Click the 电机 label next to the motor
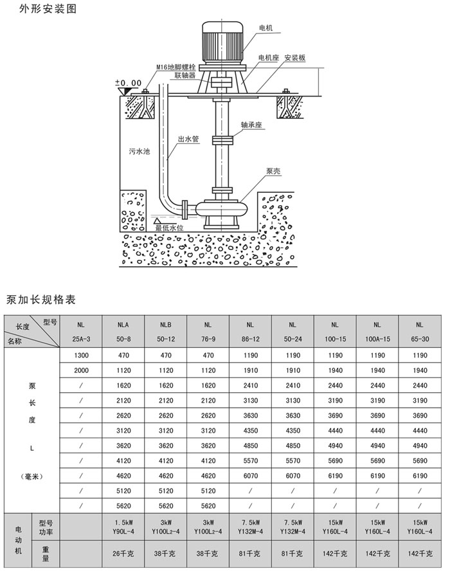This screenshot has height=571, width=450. click(x=266, y=28)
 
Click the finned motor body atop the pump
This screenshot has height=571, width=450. click(x=222, y=42)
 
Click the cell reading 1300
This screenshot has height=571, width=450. click(x=81, y=354)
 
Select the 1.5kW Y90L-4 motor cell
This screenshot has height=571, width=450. click(x=123, y=527)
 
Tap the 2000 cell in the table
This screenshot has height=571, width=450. click(x=81, y=370)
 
